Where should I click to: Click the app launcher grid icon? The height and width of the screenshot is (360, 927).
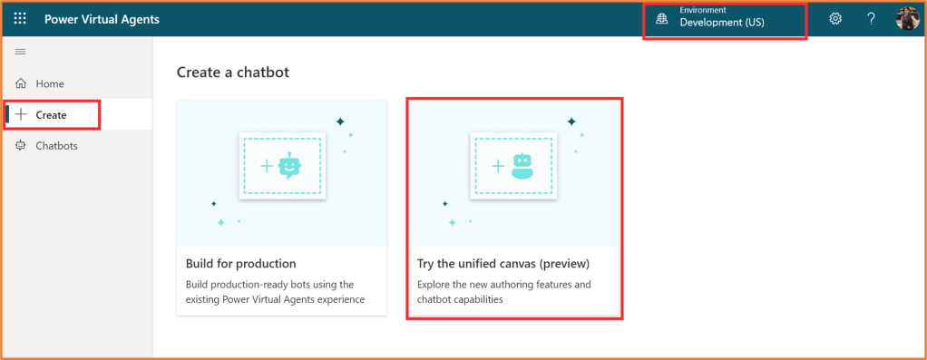click(x=20, y=18)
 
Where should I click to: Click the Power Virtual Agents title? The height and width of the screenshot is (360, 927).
click(x=102, y=19)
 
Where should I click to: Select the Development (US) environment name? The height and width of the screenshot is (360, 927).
click(x=722, y=23)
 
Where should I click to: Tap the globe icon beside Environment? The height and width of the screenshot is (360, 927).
click(x=661, y=19)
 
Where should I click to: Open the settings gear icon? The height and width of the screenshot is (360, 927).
click(x=835, y=18)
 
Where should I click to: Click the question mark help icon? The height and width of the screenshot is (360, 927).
click(x=871, y=18)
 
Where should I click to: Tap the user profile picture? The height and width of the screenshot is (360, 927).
click(x=907, y=18)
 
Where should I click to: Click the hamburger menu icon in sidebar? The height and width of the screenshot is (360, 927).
click(x=20, y=52)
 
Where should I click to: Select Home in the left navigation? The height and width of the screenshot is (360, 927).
click(x=50, y=84)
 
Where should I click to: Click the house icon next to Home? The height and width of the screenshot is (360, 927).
click(x=21, y=83)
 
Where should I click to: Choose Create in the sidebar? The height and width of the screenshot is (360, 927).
click(x=51, y=114)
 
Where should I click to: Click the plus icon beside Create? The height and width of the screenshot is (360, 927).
click(x=21, y=114)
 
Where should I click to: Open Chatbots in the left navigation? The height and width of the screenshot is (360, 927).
click(x=57, y=145)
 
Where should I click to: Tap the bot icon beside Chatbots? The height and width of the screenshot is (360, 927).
click(x=21, y=145)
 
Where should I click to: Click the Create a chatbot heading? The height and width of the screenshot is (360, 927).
click(x=233, y=73)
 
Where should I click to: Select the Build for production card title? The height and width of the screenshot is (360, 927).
click(x=240, y=263)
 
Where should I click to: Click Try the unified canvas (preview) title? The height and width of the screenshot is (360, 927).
click(x=503, y=263)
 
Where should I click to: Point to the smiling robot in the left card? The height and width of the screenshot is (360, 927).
click(x=289, y=166)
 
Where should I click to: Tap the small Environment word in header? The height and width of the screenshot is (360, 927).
click(x=703, y=10)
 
